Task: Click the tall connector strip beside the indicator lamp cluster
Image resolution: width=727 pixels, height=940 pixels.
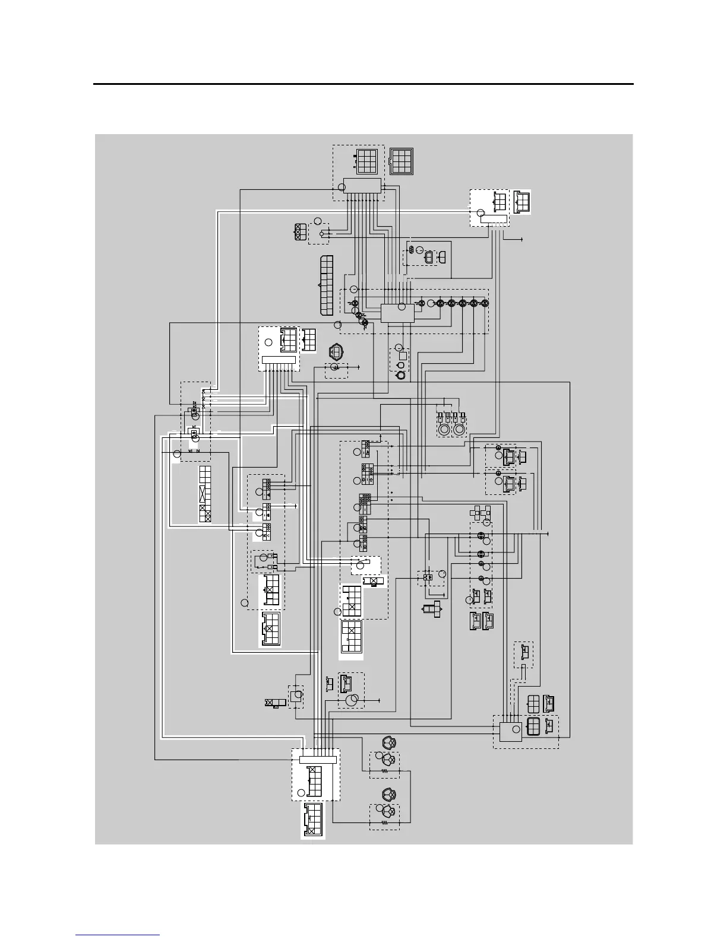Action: [x=326, y=285]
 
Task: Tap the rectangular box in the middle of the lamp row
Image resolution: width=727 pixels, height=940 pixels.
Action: [x=397, y=313]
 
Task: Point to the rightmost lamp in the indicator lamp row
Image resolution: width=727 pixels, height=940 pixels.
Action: [x=485, y=303]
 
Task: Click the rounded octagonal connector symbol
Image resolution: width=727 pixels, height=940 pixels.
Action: [x=337, y=352]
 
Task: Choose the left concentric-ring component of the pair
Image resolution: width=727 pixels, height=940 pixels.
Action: [x=444, y=429]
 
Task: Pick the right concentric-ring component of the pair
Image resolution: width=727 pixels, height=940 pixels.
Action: [x=459, y=429]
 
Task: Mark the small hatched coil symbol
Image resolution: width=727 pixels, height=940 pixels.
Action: [x=409, y=257]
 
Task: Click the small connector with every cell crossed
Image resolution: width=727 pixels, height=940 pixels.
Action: [x=301, y=231]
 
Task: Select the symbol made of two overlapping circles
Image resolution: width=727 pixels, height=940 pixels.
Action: [x=352, y=701]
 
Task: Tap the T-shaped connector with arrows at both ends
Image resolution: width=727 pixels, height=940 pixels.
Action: [x=432, y=609]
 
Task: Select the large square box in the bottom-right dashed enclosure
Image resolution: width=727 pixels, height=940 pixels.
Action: [x=510, y=731]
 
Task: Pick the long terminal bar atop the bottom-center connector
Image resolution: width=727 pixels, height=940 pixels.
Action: [x=318, y=760]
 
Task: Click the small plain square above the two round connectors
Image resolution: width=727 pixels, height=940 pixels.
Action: [x=403, y=356]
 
